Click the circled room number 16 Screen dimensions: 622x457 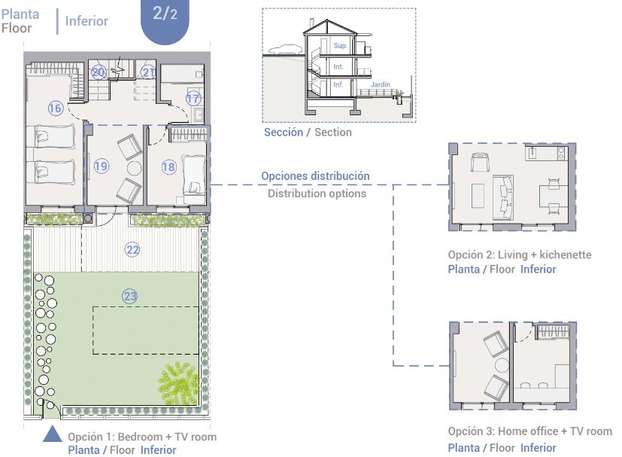[56, 108]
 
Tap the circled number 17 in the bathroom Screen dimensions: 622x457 [193, 98]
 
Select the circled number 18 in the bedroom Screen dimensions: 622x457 [168, 166]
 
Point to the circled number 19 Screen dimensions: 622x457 [101, 166]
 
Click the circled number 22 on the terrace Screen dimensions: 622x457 [132, 249]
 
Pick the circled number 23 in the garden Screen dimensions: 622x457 [129, 296]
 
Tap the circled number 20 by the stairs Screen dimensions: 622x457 [98, 72]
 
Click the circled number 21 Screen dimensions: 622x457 [148, 72]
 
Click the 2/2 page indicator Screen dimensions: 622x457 [165, 14]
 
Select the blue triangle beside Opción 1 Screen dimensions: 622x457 [53, 434]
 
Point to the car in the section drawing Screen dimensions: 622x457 [286, 49]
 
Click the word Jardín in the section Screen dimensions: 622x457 [380, 84]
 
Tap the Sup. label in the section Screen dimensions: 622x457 [341, 46]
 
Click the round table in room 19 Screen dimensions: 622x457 [134, 169]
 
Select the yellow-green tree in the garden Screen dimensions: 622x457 [178, 382]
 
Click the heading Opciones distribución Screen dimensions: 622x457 [315, 176]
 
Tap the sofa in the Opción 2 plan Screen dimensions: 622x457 [503, 197]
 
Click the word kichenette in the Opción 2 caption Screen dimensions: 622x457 [566, 254]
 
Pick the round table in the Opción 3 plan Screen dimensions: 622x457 [502, 365]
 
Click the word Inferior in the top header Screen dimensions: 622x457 [86, 20]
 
